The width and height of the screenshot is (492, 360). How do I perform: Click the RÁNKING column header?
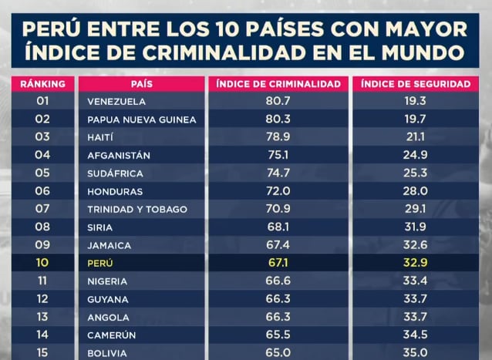42,83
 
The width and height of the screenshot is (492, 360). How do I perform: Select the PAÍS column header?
140,83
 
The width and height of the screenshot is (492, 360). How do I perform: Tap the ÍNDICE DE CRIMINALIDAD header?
278,83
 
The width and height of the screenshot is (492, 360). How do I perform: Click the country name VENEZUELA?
116,102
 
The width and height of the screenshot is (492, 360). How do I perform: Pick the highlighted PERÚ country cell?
100,264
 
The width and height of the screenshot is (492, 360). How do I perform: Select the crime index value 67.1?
278,264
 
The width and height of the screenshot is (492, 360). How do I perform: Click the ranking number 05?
42,173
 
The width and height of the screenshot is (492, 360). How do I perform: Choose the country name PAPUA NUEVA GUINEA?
142,119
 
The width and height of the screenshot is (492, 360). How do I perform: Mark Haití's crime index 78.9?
278,137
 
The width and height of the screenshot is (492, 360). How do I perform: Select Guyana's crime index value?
278,299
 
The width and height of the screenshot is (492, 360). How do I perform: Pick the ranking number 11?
42,281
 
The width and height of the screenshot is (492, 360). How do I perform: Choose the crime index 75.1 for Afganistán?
278,155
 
